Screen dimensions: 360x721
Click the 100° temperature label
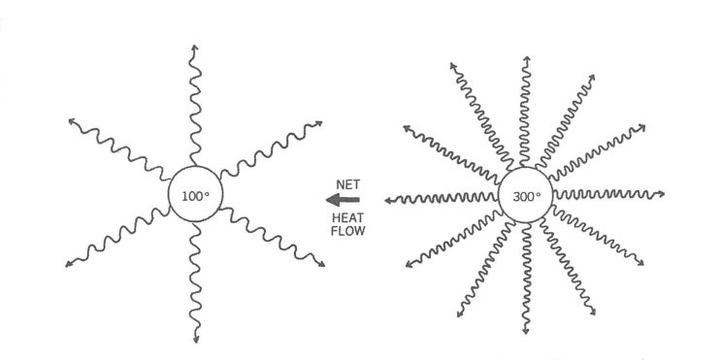coord(195,196)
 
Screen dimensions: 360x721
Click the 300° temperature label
coord(526,196)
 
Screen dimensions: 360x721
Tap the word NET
coord(348,182)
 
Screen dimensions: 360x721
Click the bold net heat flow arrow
coord(346,200)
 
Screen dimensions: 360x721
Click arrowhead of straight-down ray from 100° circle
coord(196,341)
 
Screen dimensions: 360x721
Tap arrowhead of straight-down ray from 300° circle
coord(526,332)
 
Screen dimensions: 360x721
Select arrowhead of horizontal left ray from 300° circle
coord(387,200)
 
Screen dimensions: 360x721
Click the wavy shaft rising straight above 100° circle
coord(195,112)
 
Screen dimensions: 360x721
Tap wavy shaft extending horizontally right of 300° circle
coord(606,197)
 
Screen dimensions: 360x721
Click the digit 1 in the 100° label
coord(184,196)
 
